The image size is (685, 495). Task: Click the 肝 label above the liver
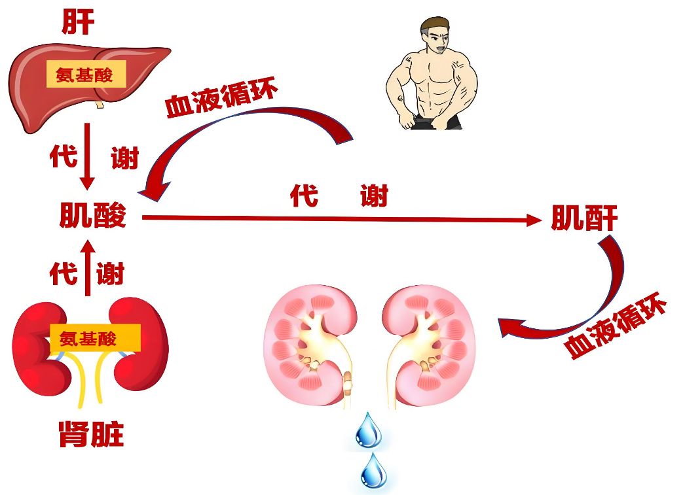78,22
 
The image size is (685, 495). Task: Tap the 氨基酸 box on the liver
86,74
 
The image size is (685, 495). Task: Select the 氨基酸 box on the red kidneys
95,337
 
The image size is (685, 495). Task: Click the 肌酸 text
92,215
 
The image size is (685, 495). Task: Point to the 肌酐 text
585,218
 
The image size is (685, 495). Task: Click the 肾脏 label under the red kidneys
91,434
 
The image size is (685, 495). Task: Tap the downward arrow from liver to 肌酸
87,156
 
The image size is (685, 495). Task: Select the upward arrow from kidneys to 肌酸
88,268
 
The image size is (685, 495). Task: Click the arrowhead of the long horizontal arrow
534,220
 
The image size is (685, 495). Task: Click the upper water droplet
368,430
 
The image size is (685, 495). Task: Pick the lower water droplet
373,471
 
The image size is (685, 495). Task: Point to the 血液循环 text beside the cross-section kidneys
615,325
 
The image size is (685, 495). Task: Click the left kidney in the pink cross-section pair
310,345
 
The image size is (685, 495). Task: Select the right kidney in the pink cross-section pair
428,345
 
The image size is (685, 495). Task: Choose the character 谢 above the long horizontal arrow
375,196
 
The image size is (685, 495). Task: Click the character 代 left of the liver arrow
64,156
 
